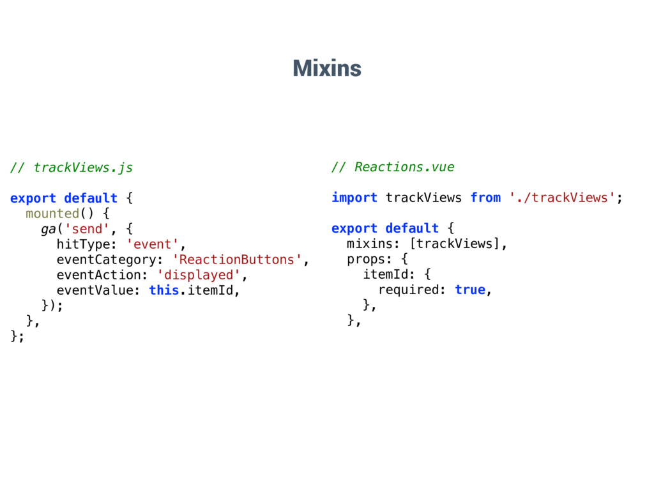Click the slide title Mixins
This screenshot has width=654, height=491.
pos(326,67)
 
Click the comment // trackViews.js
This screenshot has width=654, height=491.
pos(72,168)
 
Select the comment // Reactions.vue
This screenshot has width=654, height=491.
pos(393,167)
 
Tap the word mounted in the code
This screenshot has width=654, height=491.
pos(52,214)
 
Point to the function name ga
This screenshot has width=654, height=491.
pos(49,229)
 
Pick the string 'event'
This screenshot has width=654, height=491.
pos(153,244)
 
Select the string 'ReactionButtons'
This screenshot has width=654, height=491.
pos(238,260)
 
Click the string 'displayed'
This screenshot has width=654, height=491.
pos(199,275)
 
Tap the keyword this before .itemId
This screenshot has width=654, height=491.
pos(163,290)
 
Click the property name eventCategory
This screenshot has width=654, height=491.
pos(106,260)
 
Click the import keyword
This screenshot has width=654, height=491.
pos(354,198)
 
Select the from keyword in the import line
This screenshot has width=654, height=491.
pos(485,198)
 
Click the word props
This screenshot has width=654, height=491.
pos(365,259)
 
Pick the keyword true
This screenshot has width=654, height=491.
pos(470,290)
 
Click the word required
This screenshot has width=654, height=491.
pos(409,290)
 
